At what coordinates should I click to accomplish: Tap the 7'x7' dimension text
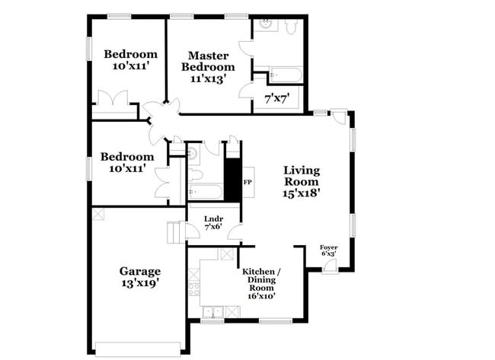277,98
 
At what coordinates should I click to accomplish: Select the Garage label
139,271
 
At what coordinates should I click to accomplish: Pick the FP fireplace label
247,183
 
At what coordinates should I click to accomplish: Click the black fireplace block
232,180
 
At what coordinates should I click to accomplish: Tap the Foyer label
328,247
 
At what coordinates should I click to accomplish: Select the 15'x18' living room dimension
302,193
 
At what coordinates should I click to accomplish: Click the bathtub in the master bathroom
286,74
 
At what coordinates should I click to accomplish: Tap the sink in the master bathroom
265,24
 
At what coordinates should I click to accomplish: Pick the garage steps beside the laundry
175,232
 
